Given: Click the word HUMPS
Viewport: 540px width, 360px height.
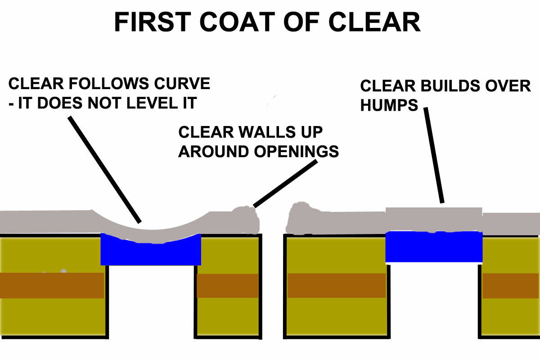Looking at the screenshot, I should (389, 105).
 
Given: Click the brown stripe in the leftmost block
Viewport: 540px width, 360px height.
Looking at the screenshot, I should (52, 285).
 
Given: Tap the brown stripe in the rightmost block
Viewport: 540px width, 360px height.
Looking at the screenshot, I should (511, 285).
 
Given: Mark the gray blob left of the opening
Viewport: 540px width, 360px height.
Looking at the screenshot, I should (245, 219).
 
